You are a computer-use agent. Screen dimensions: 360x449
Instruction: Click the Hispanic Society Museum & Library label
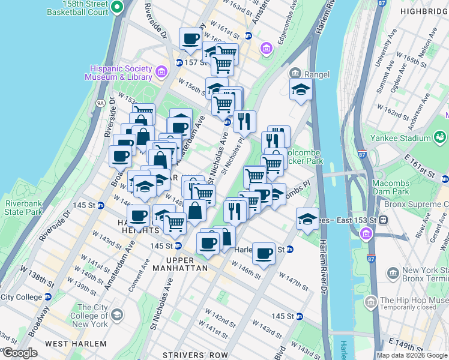click(121, 72)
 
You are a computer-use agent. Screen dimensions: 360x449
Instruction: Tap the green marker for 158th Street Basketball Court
click(118, 7)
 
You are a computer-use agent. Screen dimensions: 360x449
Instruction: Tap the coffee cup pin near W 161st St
click(191, 40)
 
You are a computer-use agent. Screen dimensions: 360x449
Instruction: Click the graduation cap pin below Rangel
click(301, 91)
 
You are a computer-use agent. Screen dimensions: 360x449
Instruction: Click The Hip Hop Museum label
click(414, 301)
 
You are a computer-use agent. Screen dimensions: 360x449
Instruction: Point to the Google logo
click(20, 353)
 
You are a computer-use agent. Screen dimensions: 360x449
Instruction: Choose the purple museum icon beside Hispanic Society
click(160, 73)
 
